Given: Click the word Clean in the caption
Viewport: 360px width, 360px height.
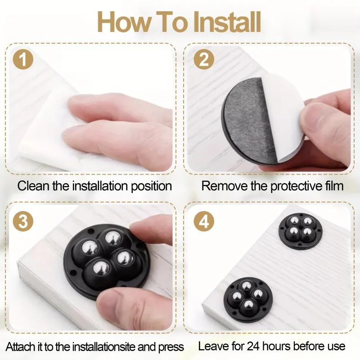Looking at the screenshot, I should click(x=31, y=186).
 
